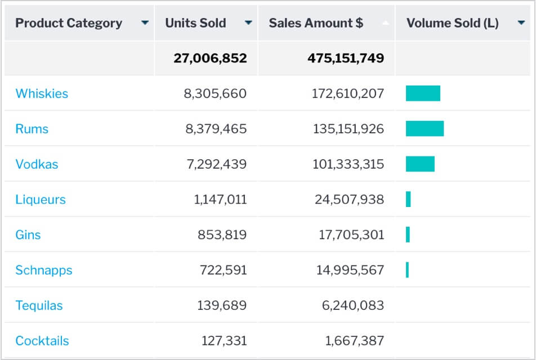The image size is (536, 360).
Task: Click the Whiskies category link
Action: [x=42, y=93]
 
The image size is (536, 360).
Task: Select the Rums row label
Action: [x=32, y=129]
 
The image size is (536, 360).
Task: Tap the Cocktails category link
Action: [x=42, y=341]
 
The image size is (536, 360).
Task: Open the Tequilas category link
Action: [x=39, y=305]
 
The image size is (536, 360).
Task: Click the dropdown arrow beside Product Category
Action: [x=145, y=23]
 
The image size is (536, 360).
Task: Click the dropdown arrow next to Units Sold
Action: [x=248, y=23]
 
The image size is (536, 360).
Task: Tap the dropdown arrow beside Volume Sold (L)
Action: [x=521, y=23]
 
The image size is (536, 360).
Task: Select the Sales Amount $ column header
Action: [x=316, y=23]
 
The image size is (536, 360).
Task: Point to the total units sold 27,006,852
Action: [x=210, y=58]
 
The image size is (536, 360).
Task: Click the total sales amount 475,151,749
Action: [x=346, y=58]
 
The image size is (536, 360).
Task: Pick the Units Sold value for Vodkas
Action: [x=216, y=164]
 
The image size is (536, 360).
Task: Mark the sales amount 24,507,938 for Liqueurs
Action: [x=349, y=200]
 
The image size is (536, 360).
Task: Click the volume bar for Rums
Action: [x=425, y=128]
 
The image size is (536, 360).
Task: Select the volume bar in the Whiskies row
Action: [x=423, y=93]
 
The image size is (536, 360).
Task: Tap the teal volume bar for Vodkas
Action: [x=420, y=164]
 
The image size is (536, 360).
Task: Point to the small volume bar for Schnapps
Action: [x=407, y=270]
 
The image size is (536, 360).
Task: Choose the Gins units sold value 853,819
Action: [x=222, y=235]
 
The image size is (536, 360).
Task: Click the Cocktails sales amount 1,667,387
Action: [x=354, y=341]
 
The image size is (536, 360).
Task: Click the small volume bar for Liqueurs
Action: [x=408, y=199]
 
